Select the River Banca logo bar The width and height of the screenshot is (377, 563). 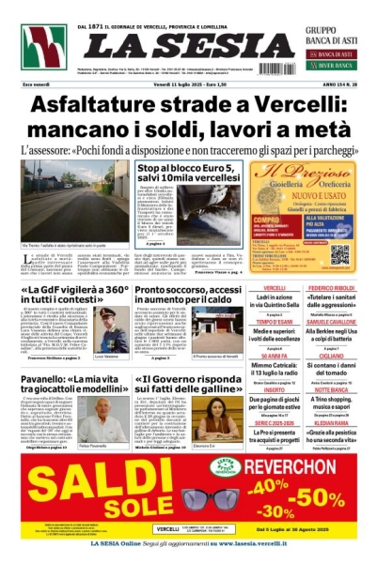point(327,68)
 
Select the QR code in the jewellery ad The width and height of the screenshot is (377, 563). point(339,254)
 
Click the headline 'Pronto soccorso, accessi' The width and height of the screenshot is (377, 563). point(195,290)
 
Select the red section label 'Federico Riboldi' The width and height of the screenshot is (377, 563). point(331,288)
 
